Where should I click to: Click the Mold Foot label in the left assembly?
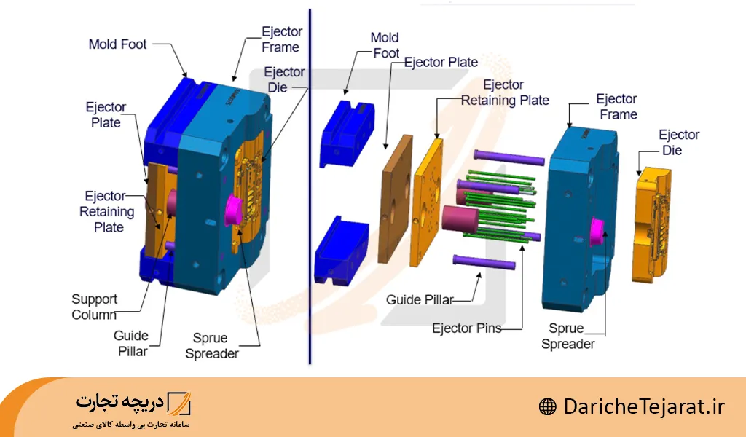(x=117, y=44)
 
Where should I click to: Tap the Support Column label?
(x=94, y=307)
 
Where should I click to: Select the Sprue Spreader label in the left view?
(x=211, y=346)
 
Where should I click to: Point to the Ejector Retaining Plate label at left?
(x=108, y=212)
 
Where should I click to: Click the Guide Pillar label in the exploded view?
(x=420, y=299)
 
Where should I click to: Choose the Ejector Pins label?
(x=466, y=328)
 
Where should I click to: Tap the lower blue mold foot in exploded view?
(x=340, y=248)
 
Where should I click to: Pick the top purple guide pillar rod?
(x=510, y=157)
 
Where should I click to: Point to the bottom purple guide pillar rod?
(x=484, y=261)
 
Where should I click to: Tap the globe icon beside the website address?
(x=548, y=406)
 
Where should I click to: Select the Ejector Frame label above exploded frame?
(x=616, y=106)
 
